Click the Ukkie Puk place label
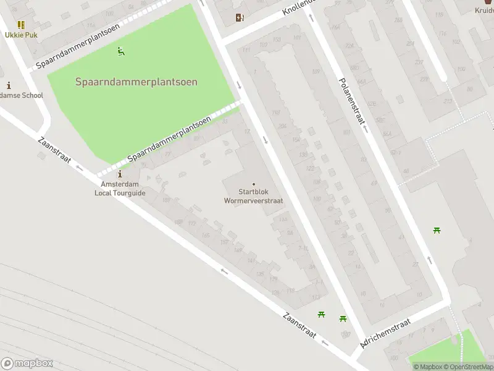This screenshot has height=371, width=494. point(21,35)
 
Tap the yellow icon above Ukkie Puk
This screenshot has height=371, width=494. point(21,25)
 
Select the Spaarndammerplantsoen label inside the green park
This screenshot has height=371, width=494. point(136,82)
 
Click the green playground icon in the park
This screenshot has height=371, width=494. point(121,52)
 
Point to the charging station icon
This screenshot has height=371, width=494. point(240,18)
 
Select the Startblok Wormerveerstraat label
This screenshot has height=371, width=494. point(253,196)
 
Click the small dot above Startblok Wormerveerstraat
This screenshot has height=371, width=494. point(253,184)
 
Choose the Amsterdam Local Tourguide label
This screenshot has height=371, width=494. point(120,189)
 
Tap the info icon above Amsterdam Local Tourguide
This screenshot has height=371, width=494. point(120,175)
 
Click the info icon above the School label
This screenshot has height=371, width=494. point(9,85)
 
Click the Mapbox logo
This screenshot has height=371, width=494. point(27,364)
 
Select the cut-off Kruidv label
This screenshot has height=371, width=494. point(484,11)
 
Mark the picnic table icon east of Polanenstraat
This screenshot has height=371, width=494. point(437,231)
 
